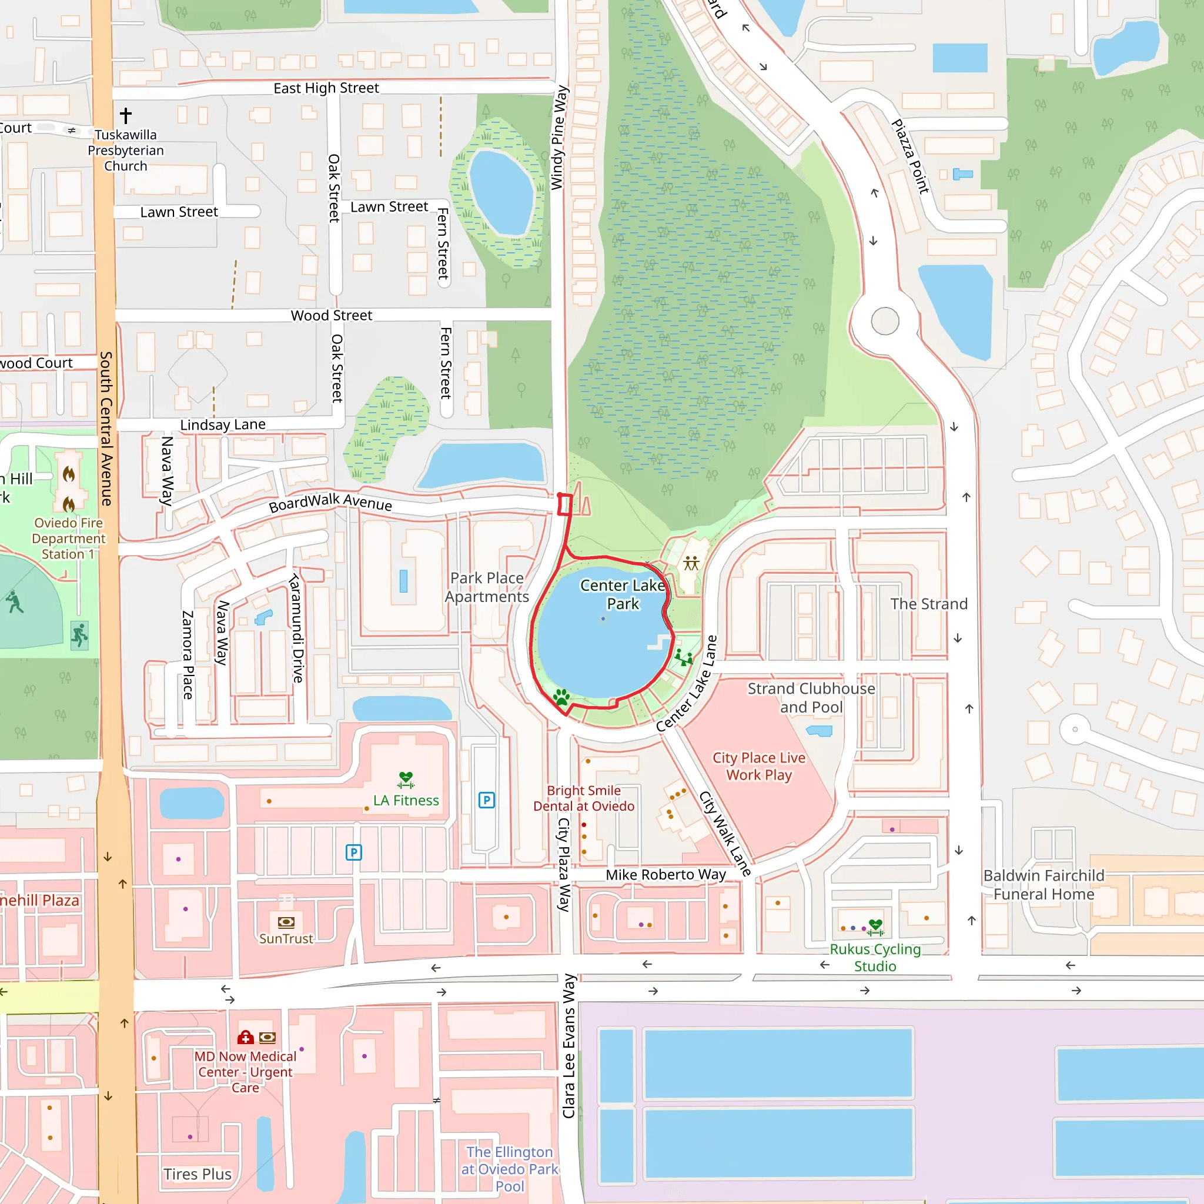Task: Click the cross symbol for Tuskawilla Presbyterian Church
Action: pyautogui.click(x=126, y=115)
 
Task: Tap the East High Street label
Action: pyautogui.click(x=326, y=88)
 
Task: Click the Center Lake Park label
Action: pyautogui.click(x=623, y=594)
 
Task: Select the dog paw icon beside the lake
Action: pyautogui.click(x=561, y=697)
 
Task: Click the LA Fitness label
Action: pyautogui.click(x=406, y=800)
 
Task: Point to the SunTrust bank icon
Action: pyautogui.click(x=286, y=922)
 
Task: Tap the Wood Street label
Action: pyautogui.click(x=331, y=315)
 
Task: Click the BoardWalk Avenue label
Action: pyautogui.click(x=330, y=502)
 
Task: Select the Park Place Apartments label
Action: pyautogui.click(x=487, y=587)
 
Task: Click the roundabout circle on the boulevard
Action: pyautogui.click(x=885, y=321)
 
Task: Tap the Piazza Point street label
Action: pyautogui.click(x=910, y=157)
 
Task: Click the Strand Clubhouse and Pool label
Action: pyautogui.click(x=811, y=697)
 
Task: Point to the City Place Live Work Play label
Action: pyautogui.click(x=759, y=766)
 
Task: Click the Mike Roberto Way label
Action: pyautogui.click(x=665, y=874)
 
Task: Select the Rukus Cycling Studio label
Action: pyautogui.click(x=875, y=957)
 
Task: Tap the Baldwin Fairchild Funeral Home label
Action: pyautogui.click(x=1044, y=884)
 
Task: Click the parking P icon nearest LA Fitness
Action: pyautogui.click(x=487, y=800)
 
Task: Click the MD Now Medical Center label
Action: pyautogui.click(x=245, y=1072)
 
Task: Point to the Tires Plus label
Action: pyautogui.click(x=198, y=1174)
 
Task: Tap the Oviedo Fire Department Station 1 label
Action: pyautogui.click(x=69, y=539)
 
